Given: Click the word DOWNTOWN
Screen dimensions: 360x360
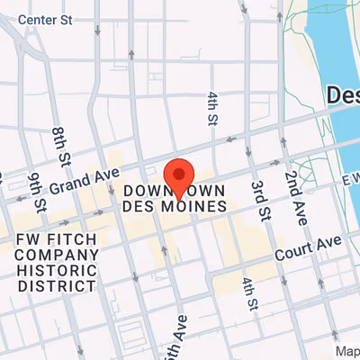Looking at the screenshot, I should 174,192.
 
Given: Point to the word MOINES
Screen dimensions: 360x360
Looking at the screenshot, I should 200,207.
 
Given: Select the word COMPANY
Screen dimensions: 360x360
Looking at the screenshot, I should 57,255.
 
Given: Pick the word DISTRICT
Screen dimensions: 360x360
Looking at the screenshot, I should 57,285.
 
